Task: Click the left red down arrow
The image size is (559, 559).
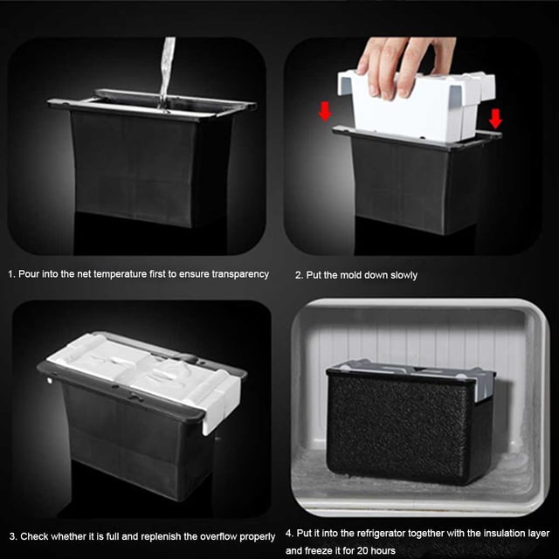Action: pos(325,111)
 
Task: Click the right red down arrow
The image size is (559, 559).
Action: pos(495,119)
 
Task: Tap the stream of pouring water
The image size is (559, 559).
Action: pos(167,73)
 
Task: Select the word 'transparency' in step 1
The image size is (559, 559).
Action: pos(240,274)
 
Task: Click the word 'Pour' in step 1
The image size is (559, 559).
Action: pos(29,274)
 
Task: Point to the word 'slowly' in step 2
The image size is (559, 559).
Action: pos(404,275)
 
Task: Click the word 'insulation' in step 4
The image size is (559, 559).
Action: pos(502,534)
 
